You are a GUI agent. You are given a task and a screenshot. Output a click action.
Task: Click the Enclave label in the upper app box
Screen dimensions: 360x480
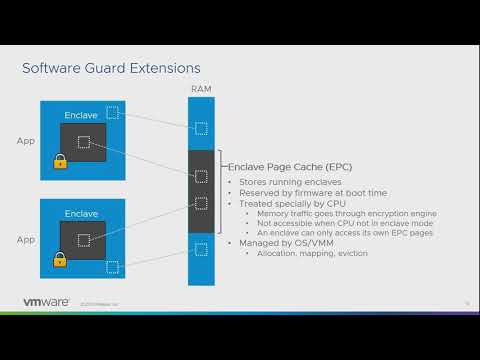click(x=80, y=116)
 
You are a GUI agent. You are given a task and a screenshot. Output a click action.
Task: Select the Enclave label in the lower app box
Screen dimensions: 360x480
click(x=80, y=214)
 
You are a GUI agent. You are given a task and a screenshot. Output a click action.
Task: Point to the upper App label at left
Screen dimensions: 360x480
click(x=25, y=141)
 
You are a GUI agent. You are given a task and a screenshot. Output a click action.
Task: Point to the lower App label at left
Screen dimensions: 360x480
click(x=25, y=240)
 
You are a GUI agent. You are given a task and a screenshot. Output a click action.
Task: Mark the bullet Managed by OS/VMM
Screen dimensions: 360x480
click(x=281, y=243)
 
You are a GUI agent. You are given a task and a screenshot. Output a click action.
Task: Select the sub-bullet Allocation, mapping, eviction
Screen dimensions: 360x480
click(x=313, y=253)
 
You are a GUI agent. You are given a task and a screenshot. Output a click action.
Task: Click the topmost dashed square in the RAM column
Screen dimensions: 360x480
click(x=201, y=128)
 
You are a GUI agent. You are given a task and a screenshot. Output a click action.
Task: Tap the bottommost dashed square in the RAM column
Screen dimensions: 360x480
click(x=201, y=249)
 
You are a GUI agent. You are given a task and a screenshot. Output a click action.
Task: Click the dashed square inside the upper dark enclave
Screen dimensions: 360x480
click(x=85, y=141)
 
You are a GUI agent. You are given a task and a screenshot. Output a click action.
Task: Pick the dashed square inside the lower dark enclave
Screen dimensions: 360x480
click(x=85, y=240)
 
